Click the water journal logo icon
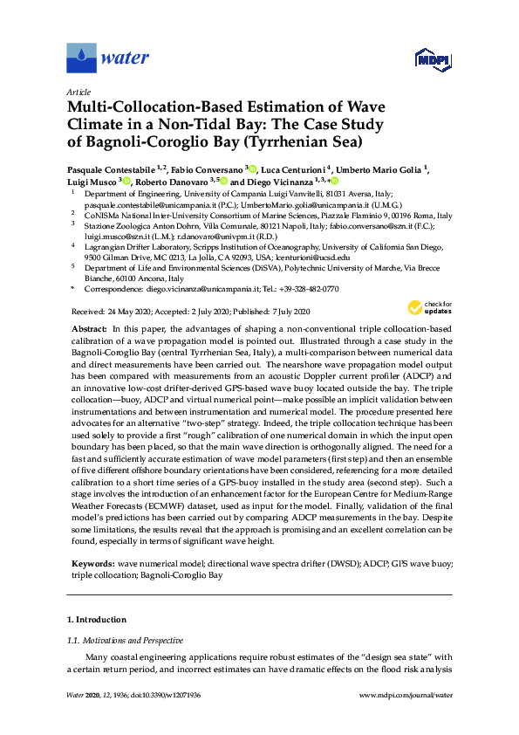pyautogui.click(x=82, y=58)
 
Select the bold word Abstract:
pyautogui.click(x=88, y=327)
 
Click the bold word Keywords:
pyautogui.click(x=92, y=540)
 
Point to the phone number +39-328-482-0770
pyautogui.click(x=304, y=289)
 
